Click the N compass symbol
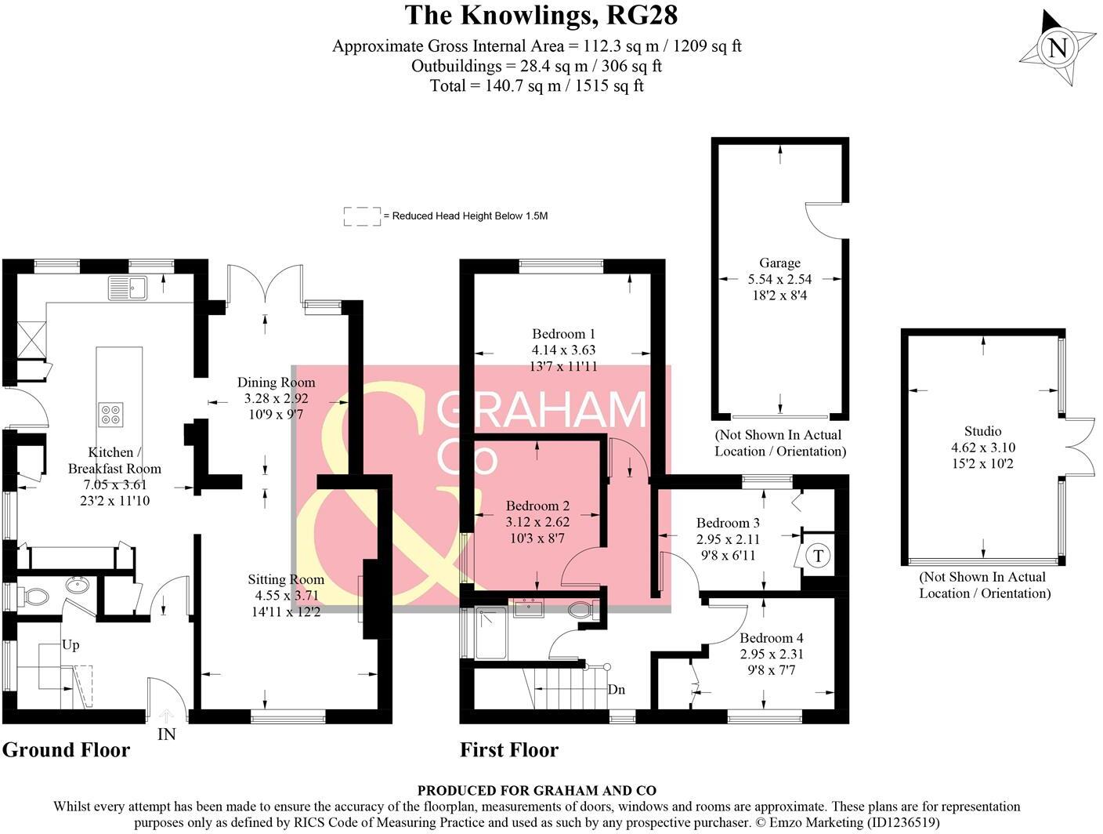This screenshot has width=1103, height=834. [x=1057, y=49]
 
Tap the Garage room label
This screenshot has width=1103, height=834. [x=779, y=263]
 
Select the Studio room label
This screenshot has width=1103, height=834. [x=982, y=431]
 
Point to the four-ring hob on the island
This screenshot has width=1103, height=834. [x=110, y=413]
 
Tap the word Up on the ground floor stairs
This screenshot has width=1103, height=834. [x=71, y=645]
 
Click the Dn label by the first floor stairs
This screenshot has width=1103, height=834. [x=616, y=690]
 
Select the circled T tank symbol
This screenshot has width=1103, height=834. [x=818, y=557]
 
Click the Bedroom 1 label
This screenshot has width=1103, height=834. [x=563, y=334]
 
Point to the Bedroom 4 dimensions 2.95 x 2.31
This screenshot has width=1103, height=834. [x=772, y=655]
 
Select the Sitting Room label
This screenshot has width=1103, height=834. [x=285, y=580]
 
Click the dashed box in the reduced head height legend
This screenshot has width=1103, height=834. [x=361, y=216]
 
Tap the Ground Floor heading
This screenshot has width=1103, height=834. [x=66, y=750]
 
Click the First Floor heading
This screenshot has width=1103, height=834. [x=509, y=750]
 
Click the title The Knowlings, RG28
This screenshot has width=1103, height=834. [x=541, y=15]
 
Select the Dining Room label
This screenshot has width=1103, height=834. [x=276, y=383]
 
